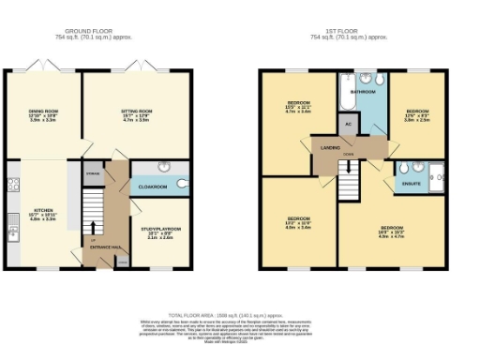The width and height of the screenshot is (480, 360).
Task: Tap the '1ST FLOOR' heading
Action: (349, 30)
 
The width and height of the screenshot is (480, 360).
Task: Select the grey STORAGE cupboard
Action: (118, 174)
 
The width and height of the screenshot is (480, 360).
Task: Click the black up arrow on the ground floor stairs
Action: (92, 226)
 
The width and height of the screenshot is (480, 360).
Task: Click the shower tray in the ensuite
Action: (436, 172)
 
